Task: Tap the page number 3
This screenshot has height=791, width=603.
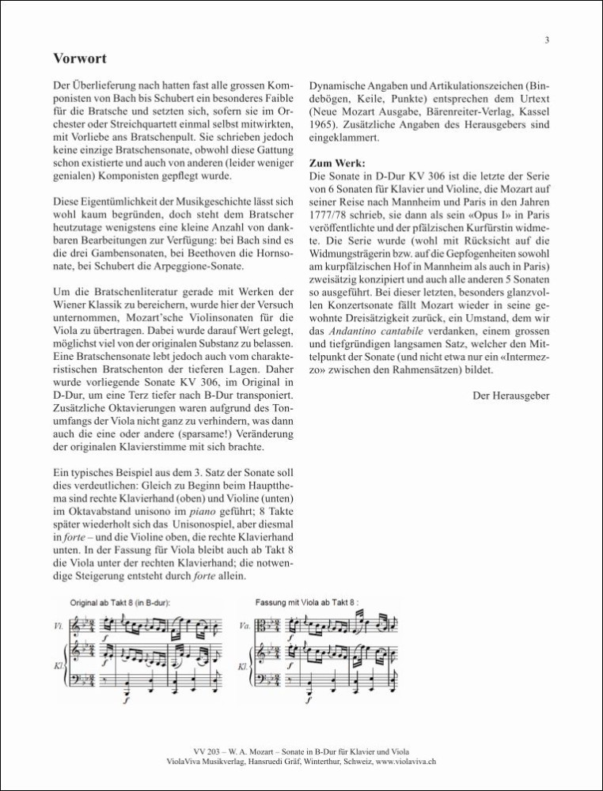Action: point(548,40)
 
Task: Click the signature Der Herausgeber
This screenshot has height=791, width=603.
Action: point(508,394)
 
